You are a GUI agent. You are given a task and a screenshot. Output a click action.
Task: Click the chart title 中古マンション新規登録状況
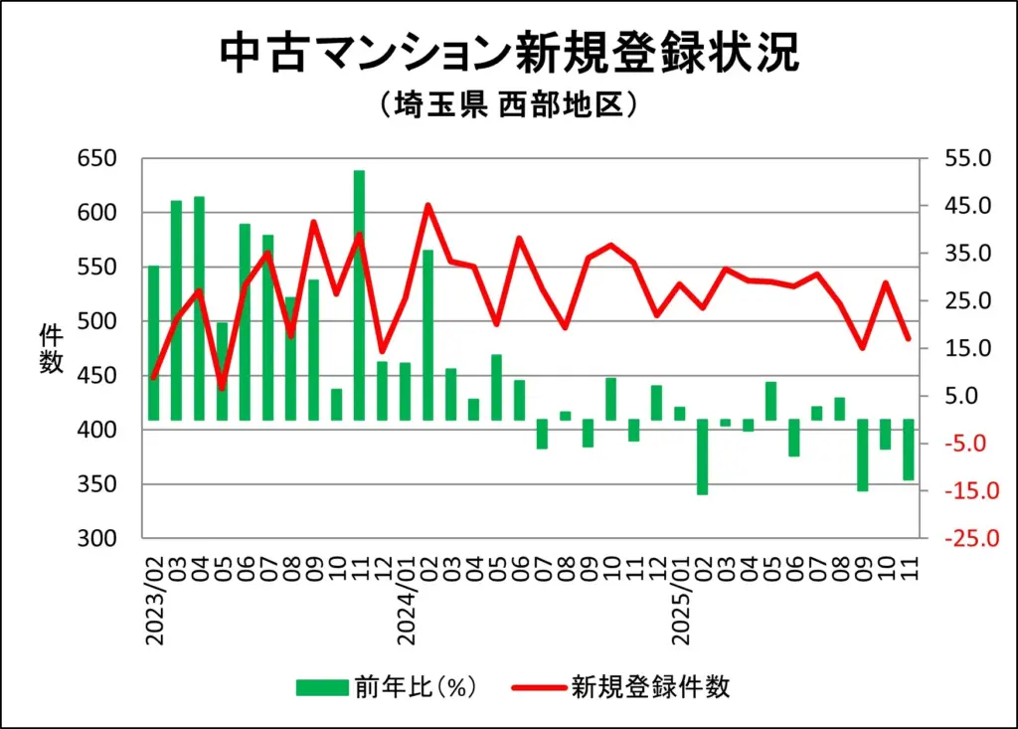tap(508, 54)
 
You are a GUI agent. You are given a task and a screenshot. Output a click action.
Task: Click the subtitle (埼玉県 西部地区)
tap(508, 105)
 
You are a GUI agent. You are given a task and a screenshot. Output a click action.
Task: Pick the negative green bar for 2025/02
tap(702, 456)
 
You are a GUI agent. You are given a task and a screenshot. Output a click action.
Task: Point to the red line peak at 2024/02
tap(427, 206)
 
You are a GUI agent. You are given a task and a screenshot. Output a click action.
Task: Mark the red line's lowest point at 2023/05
tap(222, 388)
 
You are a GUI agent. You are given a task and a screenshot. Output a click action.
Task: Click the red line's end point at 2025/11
tap(908, 339)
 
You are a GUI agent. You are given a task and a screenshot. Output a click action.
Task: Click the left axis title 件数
tap(51, 348)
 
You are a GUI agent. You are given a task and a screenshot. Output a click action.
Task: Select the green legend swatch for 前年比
tap(321, 686)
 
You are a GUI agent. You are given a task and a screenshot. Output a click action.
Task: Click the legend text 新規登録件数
tap(650, 686)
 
